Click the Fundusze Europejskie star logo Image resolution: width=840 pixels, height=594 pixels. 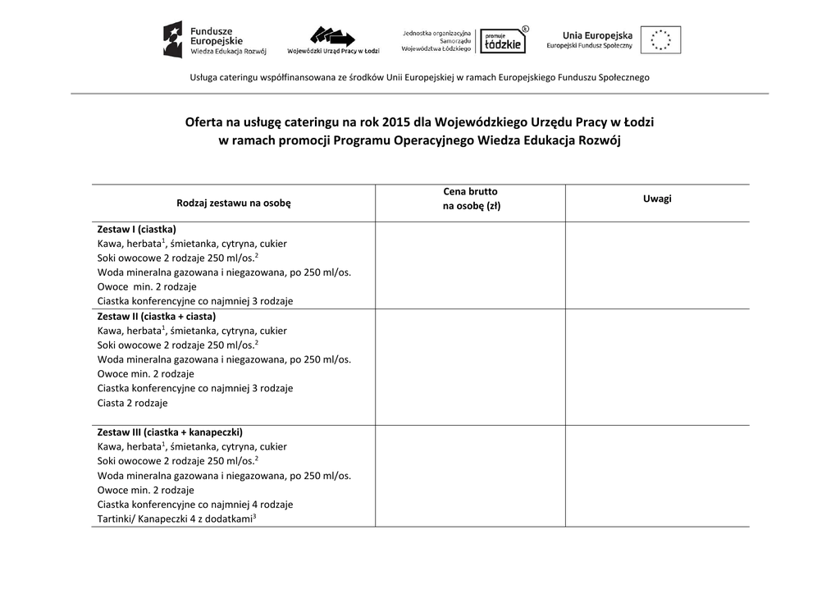[x=173, y=39]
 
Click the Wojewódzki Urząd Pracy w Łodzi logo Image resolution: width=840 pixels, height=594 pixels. [x=332, y=38]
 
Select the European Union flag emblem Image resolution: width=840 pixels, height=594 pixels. [x=660, y=39]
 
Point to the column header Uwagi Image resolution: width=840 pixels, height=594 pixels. [x=657, y=199]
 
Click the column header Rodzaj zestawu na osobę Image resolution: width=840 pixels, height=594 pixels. [x=234, y=203]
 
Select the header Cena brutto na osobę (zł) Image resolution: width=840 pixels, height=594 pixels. [x=471, y=199]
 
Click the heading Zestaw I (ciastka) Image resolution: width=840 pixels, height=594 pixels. [x=137, y=229]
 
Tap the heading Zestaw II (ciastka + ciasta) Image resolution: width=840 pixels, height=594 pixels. [x=157, y=316]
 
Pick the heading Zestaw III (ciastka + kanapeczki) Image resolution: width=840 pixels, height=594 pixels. [x=170, y=432]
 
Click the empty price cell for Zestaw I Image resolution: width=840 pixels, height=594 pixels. [x=470, y=265]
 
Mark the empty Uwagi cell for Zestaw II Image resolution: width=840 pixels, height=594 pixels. [x=657, y=367]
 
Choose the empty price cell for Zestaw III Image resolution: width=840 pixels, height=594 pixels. [x=470, y=476]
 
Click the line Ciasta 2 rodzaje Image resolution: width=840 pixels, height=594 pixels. [x=132, y=403]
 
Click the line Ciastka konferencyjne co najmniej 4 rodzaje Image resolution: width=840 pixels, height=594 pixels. [x=195, y=505]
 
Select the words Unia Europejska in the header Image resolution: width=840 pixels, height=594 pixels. [x=597, y=35]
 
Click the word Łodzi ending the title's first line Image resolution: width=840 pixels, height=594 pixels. [x=638, y=122]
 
